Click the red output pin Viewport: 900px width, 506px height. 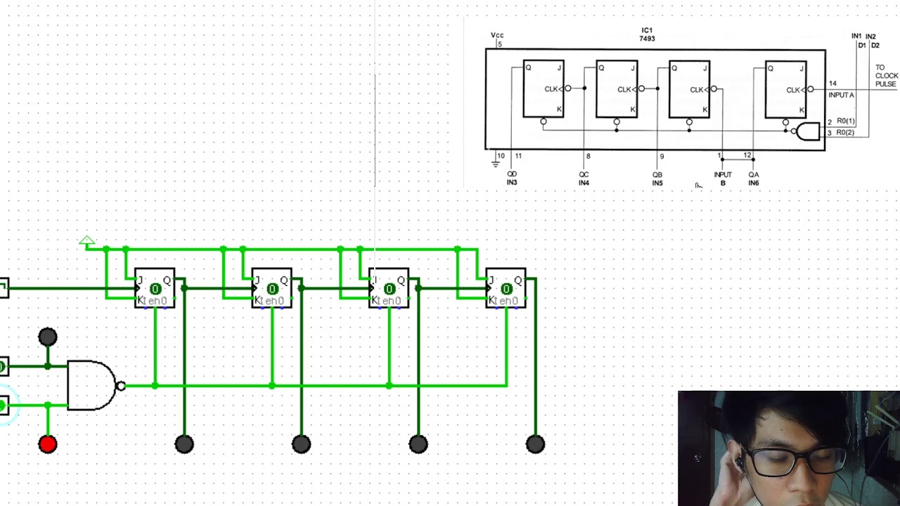point(48,443)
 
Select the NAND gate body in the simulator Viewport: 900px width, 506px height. point(90,385)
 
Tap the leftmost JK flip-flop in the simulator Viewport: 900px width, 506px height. point(155,289)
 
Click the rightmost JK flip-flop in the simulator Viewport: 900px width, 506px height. point(506,289)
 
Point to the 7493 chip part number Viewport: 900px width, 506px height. point(647,39)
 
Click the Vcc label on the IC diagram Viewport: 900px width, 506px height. point(497,35)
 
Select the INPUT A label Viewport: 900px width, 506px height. point(841,95)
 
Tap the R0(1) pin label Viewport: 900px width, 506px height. point(845,121)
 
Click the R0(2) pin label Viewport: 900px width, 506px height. point(845,132)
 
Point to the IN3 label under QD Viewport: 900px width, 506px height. point(512,183)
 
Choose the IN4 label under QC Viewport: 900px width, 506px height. point(584,183)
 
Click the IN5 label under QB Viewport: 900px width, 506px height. point(657,183)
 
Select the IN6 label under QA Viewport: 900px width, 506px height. point(754,183)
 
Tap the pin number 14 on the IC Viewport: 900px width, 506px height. point(832,84)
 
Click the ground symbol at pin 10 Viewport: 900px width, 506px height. point(496,164)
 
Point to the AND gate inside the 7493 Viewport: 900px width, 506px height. point(808,131)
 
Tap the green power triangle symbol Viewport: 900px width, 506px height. point(86,242)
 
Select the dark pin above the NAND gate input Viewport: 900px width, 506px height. point(48,337)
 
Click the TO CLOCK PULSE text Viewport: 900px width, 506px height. point(886,76)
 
